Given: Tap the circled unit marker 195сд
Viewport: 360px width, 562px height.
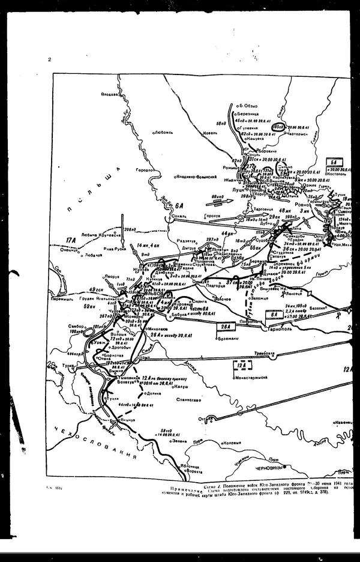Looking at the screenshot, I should pos(277,128).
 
